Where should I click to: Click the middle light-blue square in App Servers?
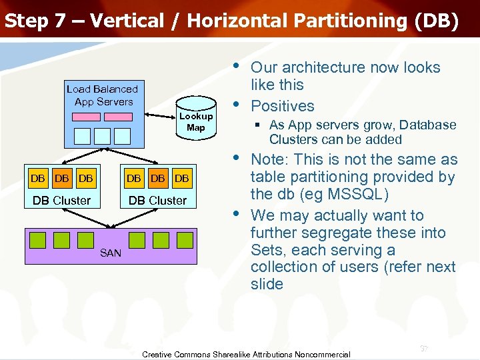click(102, 135)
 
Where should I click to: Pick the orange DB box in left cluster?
click(62, 178)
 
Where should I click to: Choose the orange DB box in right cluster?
click(158, 178)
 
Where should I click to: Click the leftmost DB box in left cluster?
click(38, 178)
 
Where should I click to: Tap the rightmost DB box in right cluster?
click(181, 178)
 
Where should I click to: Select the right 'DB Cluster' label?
click(158, 200)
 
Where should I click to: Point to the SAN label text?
click(111, 253)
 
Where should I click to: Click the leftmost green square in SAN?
click(37, 240)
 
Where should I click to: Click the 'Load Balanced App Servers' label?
click(103, 95)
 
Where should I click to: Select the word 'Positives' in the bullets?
click(282, 106)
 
